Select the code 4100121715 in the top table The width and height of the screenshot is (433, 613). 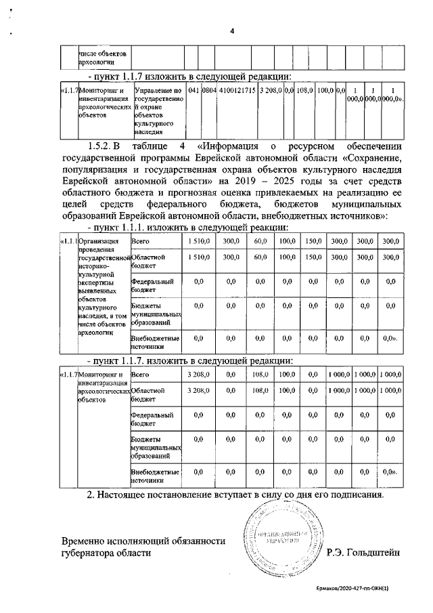point(237,90)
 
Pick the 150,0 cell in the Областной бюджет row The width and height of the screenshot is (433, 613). point(312,257)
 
